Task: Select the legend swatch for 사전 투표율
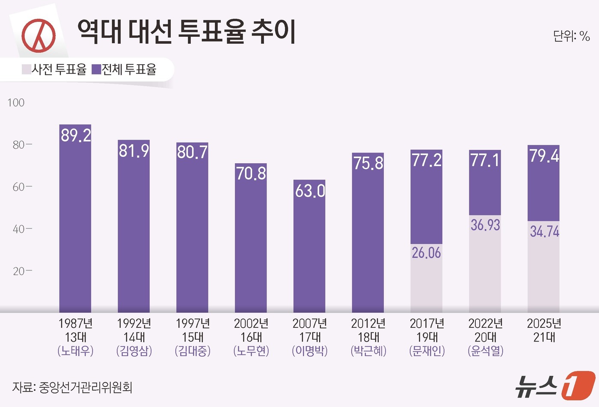26,69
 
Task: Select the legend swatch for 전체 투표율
96,69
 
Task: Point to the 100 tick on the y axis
16,103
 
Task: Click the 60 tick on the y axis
19,187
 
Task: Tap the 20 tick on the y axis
19,271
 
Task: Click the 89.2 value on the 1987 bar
75,135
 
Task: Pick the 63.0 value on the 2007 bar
310,191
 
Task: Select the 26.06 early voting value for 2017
426,253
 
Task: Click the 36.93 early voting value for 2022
485,225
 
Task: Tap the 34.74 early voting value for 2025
544,231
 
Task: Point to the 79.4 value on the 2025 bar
544,156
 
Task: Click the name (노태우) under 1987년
75,351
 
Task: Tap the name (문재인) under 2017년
427,351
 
